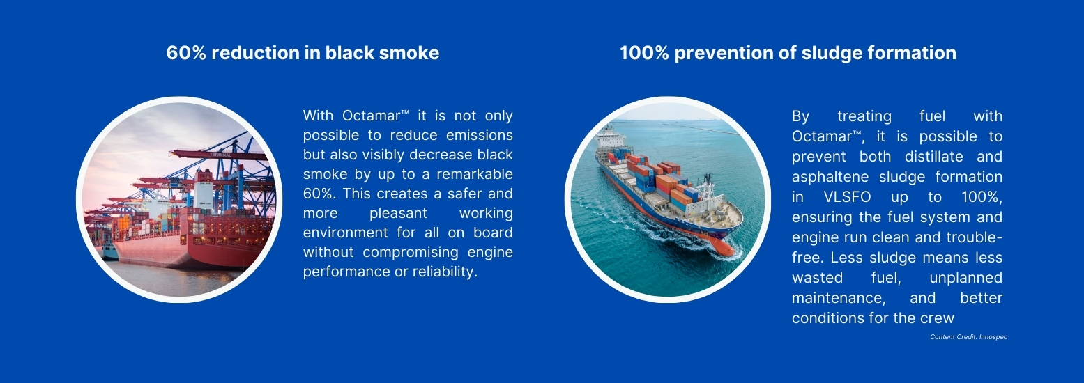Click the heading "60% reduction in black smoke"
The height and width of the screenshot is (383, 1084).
click(x=303, y=53)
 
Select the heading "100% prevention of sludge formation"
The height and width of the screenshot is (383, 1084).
click(x=788, y=53)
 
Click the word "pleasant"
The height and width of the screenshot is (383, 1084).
click(x=398, y=213)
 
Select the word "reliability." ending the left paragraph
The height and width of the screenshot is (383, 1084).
click(x=445, y=272)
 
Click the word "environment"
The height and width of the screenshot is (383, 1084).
click(x=346, y=233)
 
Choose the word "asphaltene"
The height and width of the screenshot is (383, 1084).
click(x=830, y=177)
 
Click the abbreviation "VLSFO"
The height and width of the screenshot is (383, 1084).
click(x=847, y=197)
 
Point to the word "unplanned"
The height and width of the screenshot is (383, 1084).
click(x=966, y=278)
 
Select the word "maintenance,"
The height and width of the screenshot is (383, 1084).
click(x=839, y=298)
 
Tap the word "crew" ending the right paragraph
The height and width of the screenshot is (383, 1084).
click(x=938, y=318)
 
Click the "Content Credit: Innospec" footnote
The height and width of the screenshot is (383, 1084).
click(x=968, y=337)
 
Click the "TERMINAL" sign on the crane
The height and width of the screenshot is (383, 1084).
click(x=220, y=155)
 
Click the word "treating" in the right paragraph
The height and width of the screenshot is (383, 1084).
click(x=864, y=116)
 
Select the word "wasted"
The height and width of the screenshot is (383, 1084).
click(x=817, y=278)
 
